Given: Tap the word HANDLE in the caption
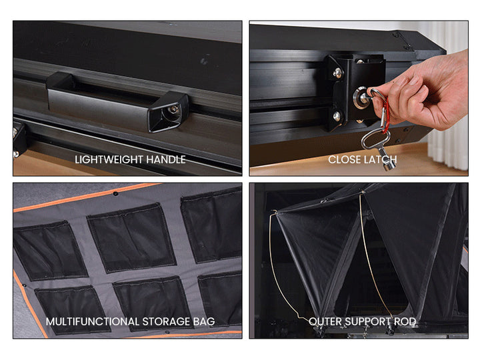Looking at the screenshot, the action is [x=166, y=159].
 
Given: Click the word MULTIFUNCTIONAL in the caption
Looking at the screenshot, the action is [x=93, y=321].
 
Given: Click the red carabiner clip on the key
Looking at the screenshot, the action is [x=386, y=115].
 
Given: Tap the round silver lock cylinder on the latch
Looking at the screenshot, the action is [x=360, y=98].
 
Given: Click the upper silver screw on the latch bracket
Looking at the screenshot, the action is [x=338, y=73].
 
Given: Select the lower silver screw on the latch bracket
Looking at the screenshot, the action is [x=337, y=116].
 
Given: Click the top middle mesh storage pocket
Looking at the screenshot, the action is [x=131, y=238].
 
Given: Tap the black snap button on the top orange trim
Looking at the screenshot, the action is [x=115, y=193].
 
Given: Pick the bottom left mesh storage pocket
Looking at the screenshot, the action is [x=73, y=309].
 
